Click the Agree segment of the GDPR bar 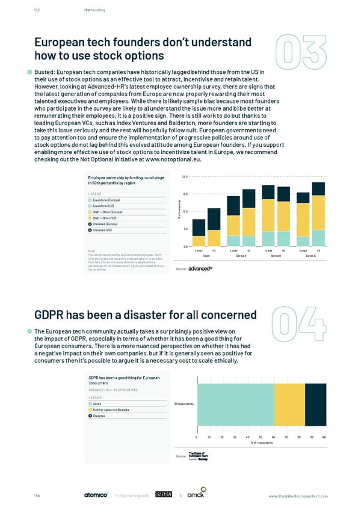click(x=235, y=403)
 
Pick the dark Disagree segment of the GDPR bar click(x=315, y=403)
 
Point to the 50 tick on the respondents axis click(x=261, y=437)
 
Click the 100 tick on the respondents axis click(x=324, y=437)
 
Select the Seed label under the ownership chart click(x=206, y=256)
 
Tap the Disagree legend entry click(x=100, y=415)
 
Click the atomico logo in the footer click(x=96, y=495)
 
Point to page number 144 click(x=37, y=495)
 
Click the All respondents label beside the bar click(x=184, y=403)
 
